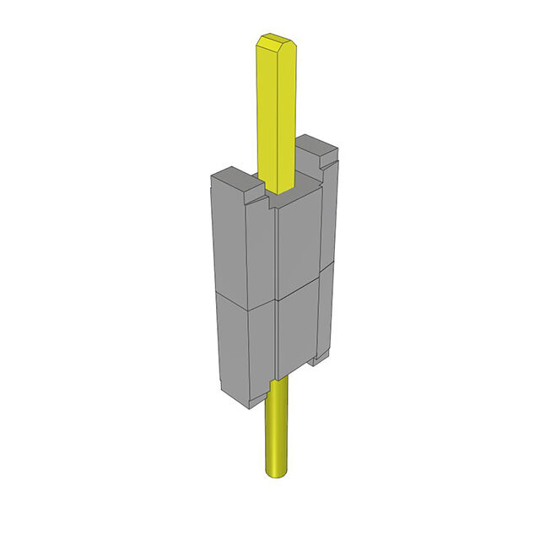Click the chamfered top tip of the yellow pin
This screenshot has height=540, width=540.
[275, 39]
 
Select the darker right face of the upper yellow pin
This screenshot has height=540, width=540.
[287, 110]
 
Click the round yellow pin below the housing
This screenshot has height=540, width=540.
[276, 426]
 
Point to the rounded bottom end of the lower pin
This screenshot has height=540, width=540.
[276, 472]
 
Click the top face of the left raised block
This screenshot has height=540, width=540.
[230, 177]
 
